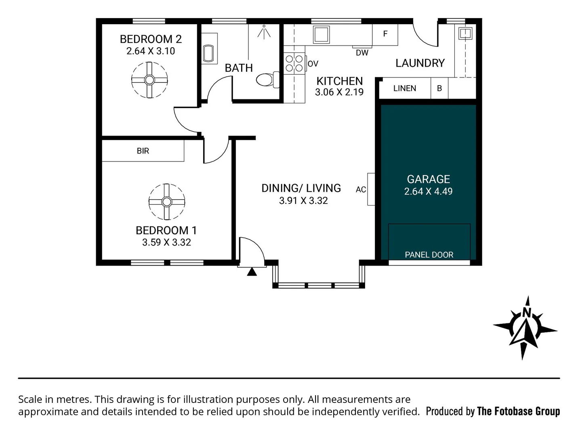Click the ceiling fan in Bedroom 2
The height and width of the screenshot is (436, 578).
point(149,80)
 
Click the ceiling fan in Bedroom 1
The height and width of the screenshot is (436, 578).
point(166,202)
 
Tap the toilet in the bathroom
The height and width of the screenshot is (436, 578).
point(267,80)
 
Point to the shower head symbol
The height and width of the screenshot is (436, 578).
point(264,32)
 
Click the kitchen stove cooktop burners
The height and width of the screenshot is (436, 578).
point(294,63)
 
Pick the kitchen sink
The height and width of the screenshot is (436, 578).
point(321,35)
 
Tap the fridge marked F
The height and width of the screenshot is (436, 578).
point(385,34)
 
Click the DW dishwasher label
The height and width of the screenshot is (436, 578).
point(362,53)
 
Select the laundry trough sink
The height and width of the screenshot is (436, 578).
point(465,33)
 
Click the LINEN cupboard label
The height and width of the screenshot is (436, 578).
point(404,88)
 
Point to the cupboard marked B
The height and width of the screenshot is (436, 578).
point(439,88)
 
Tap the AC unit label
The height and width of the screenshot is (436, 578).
point(361,189)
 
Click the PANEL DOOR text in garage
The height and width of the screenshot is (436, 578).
point(429,255)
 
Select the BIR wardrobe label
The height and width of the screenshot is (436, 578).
point(143,151)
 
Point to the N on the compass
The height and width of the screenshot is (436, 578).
point(526,312)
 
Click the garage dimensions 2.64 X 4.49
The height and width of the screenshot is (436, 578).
point(428,191)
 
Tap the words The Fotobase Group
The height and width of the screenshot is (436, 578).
point(518,411)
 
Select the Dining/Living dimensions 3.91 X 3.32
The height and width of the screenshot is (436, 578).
point(303,201)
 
